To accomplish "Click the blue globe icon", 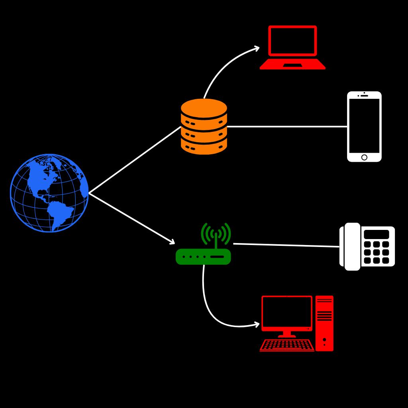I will coord(49,193).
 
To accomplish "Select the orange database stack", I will coord(204,127).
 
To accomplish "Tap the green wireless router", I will coord(203,256).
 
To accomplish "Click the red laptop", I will coord(292,48).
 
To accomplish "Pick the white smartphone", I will coord(364,127).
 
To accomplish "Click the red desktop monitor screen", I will coord(286,312).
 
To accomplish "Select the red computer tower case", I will coord(324,323).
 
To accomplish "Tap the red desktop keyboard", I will coord(287,345).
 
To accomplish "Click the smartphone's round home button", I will coord(364,157).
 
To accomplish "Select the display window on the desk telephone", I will coord(376,234).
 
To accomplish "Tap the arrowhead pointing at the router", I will coord(172,242).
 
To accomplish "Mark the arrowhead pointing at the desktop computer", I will coord(257,324).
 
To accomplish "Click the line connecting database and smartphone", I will coord(287,127).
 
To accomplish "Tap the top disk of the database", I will coord(204,108).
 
